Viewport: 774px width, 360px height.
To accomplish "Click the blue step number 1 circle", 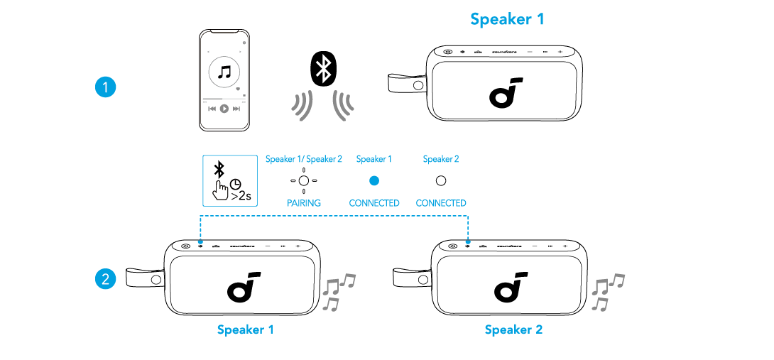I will (105, 87).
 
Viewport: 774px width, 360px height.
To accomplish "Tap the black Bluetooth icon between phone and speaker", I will (325, 69).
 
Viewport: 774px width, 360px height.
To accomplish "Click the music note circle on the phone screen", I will (224, 72).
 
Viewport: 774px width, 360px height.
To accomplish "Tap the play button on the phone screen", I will (224, 109).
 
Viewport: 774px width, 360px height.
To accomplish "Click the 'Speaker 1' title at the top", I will (507, 19).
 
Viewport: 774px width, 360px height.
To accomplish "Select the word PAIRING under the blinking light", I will (304, 203).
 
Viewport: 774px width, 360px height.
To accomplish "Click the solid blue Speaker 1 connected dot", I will (374, 180).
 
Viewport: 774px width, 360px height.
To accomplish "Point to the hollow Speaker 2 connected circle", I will (440, 180).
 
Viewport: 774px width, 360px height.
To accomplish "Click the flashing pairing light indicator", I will (304, 180).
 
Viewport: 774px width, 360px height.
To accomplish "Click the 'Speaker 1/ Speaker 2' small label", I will (304, 160).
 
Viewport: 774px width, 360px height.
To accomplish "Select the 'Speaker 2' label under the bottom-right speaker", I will (513, 330).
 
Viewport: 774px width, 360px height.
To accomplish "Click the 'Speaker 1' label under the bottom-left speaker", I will (245, 330).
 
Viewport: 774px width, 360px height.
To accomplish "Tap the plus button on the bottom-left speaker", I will (298, 246).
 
